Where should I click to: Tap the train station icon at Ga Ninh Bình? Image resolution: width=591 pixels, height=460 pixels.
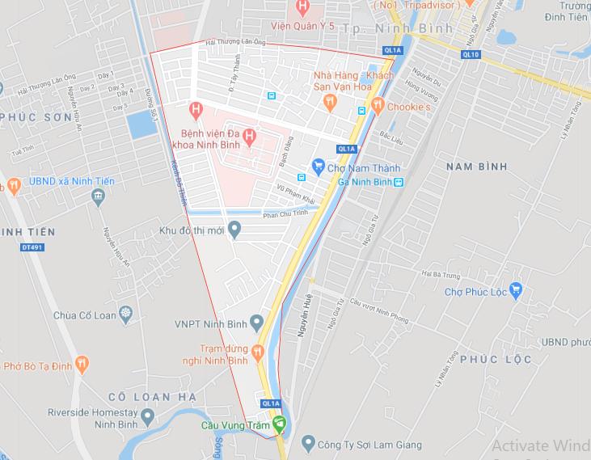[399, 183]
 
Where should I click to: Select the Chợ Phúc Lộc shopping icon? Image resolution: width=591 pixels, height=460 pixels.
[517, 290]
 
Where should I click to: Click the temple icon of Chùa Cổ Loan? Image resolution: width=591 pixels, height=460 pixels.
[125, 313]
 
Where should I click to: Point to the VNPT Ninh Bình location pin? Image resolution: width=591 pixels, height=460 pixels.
[257, 324]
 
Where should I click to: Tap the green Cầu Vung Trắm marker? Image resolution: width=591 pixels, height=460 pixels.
[279, 423]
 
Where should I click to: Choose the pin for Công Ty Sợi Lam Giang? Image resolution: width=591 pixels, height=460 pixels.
[307, 443]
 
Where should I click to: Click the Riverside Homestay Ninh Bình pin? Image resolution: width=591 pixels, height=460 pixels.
[147, 417]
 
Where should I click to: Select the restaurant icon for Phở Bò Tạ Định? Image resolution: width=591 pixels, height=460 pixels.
[81, 365]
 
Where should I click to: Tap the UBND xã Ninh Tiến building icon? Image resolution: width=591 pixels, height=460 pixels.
[99, 196]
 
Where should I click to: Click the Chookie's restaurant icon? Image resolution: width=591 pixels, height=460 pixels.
[377, 106]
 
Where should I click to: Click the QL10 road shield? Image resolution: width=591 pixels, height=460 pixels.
[471, 54]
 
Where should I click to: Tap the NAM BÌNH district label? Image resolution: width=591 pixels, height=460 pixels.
[475, 167]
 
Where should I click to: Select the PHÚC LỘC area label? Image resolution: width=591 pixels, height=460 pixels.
[497, 359]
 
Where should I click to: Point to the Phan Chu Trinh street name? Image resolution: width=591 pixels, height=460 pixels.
[286, 214]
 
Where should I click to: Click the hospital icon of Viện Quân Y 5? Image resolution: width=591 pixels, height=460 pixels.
[302, 10]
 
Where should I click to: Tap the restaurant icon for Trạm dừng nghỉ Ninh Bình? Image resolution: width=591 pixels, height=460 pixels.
[257, 352]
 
